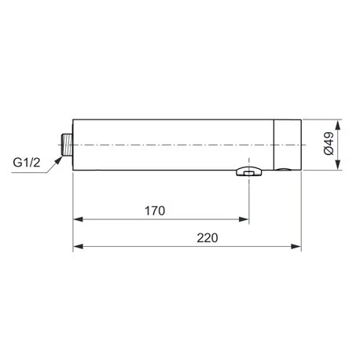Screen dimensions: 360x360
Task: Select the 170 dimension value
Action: pyautogui.click(x=154, y=211)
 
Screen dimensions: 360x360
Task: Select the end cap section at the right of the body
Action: pyautogui.click(x=288, y=145)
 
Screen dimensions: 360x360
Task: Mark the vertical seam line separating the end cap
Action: pyautogui.click(x=274, y=145)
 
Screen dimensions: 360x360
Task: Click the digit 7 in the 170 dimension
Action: pyautogui.click(x=154, y=211)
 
